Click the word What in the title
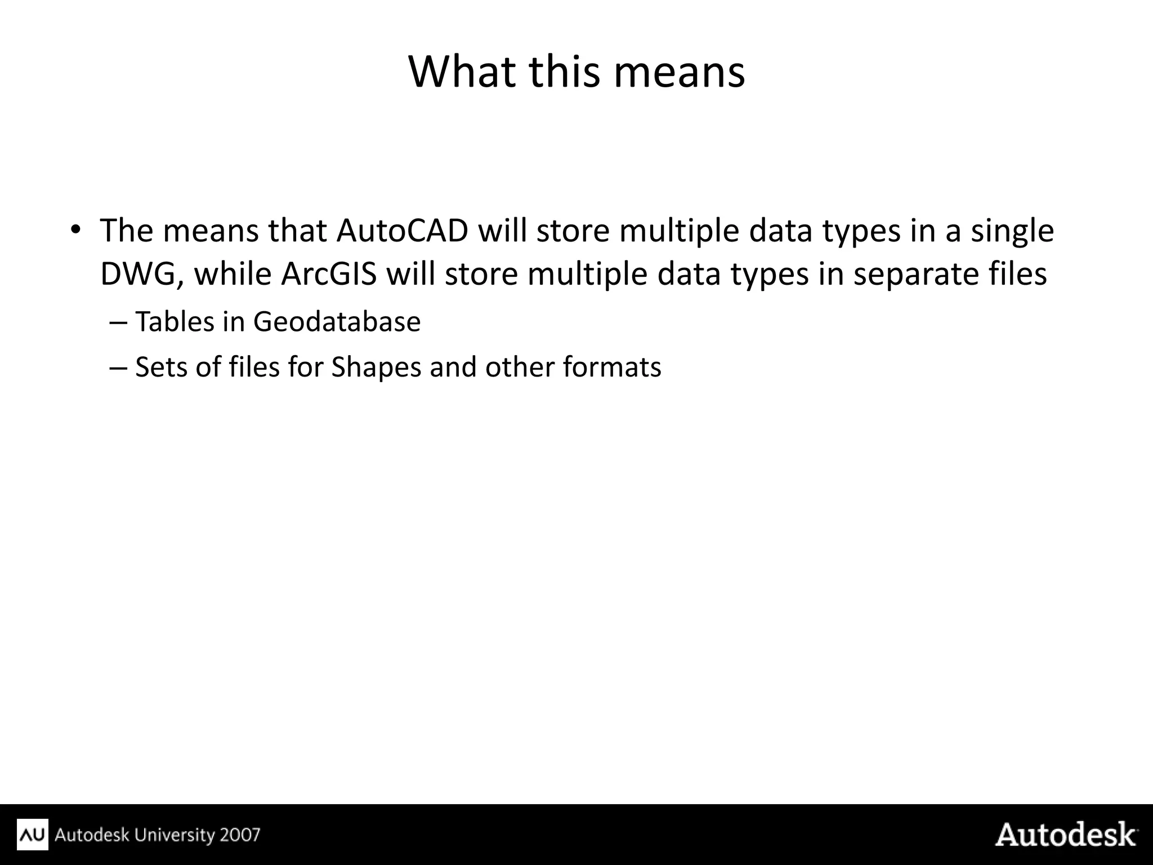click(462, 72)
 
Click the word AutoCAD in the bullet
click(403, 231)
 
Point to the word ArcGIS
click(329, 275)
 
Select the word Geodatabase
click(337, 322)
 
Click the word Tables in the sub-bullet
click(175, 322)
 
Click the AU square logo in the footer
click(33, 834)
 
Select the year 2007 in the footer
click(240, 834)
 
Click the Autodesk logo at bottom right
click(1066, 834)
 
